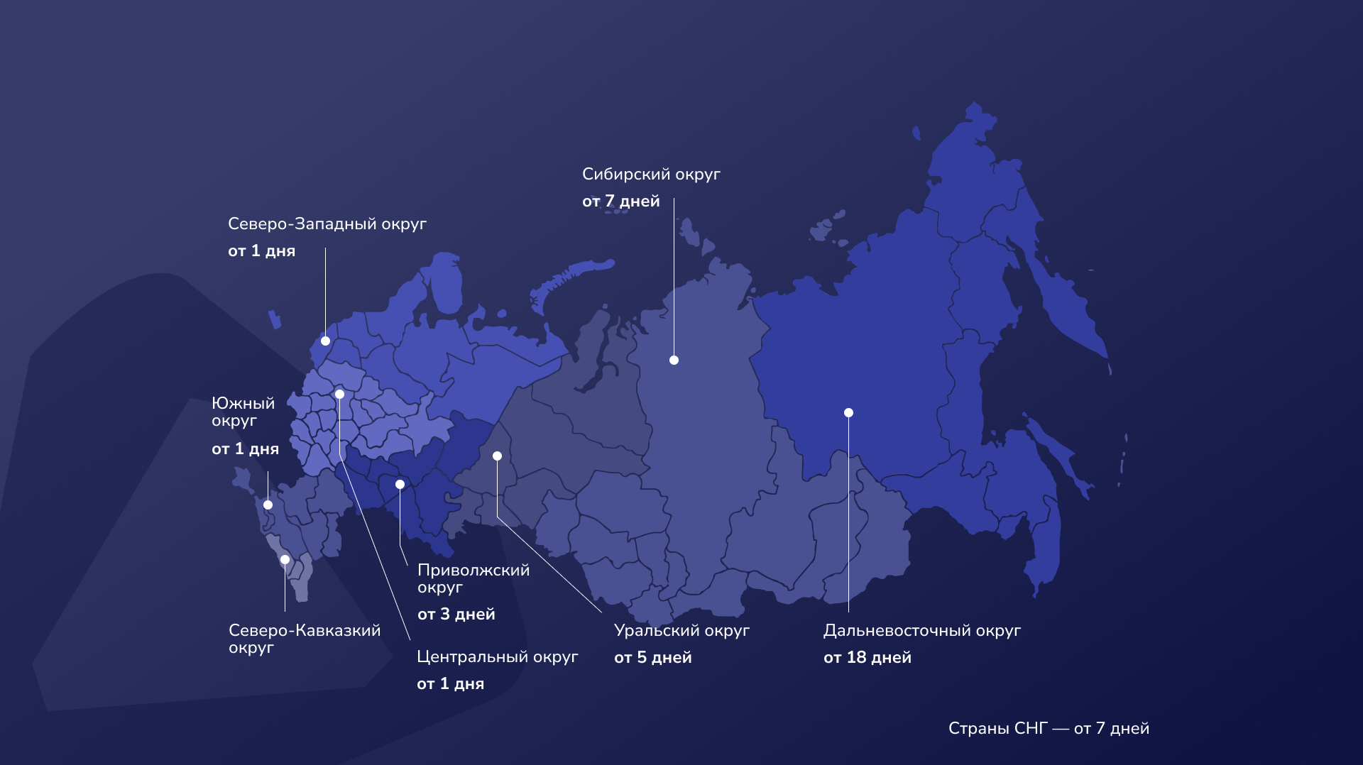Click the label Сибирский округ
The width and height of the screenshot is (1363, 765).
click(651, 175)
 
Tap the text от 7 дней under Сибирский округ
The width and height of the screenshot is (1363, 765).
click(620, 202)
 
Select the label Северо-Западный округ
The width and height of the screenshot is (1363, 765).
click(327, 224)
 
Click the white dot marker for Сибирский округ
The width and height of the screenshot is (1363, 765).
click(674, 361)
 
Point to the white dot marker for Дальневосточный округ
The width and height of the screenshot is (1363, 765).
click(848, 413)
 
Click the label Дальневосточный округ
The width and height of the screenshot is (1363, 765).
click(921, 631)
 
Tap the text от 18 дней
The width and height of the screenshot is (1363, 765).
click(867, 658)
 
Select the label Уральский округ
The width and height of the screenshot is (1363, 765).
click(681, 631)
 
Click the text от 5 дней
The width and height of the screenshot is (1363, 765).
click(652, 658)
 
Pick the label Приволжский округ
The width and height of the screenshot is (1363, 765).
click(473, 578)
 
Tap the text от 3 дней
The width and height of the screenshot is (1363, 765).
click(456, 615)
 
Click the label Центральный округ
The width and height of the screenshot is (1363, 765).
click(497, 657)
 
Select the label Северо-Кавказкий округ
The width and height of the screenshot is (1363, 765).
click(304, 639)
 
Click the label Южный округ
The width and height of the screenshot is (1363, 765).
click(243, 412)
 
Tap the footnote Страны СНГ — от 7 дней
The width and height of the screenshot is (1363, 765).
click(1049, 729)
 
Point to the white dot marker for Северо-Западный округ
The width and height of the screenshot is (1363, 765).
click(325, 341)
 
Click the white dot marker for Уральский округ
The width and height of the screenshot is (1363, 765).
click(497, 456)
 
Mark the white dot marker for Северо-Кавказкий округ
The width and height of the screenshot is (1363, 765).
click(285, 560)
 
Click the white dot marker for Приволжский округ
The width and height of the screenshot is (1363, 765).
click(400, 485)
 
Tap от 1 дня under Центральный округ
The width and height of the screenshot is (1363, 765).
click(450, 684)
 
